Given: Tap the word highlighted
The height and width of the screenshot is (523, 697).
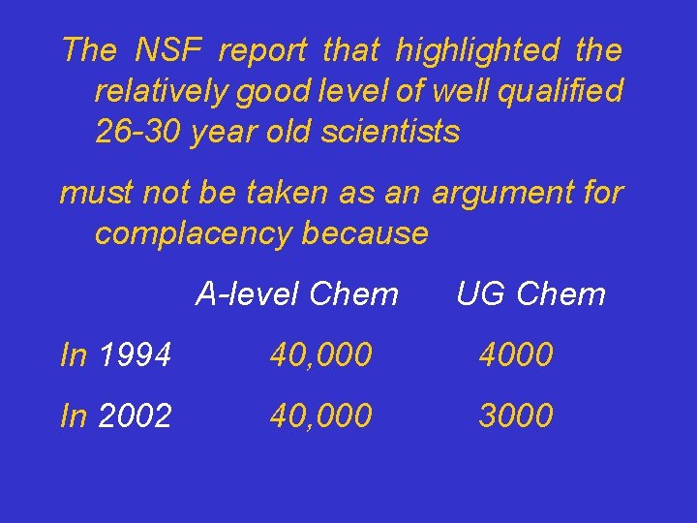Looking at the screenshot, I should [477, 49].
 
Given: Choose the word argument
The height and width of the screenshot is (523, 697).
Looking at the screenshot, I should [500, 193].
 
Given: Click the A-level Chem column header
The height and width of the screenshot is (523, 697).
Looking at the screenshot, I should [296, 293].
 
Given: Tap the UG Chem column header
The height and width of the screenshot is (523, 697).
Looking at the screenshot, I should [530, 293].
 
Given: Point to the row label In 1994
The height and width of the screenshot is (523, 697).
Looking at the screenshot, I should [115, 355].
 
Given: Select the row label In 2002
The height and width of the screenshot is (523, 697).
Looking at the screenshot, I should [115, 415].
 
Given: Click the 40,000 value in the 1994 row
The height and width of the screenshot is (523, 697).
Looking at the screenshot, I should [320, 355].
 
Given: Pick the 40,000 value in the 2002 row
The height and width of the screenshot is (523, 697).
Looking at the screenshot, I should [320, 415].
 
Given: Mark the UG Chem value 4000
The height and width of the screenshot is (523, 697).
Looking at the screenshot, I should [516, 355].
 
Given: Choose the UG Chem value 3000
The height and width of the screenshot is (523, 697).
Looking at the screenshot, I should [516, 415].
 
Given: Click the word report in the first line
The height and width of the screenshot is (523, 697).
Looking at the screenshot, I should [261, 49].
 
